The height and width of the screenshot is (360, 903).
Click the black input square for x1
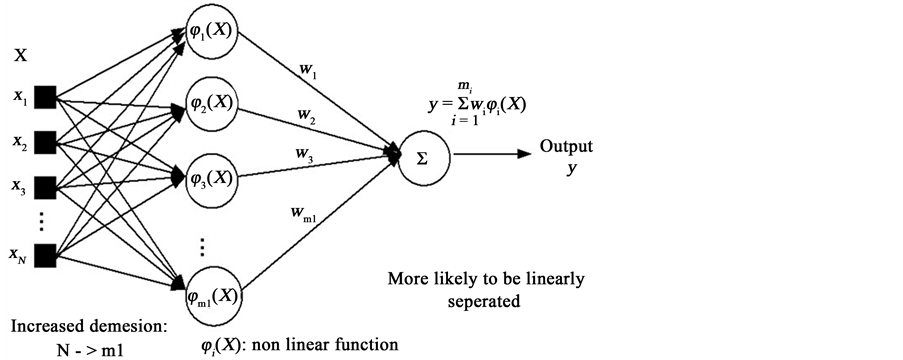click(x=45, y=98)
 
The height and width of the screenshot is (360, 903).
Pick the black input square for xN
click(x=45, y=255)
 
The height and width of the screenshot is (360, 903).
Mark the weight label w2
click(x=306, y=118)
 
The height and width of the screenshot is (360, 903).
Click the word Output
click(x=566, y=147)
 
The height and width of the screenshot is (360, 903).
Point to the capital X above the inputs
click(x=19, y=58)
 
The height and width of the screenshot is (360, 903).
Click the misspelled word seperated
click(x=487, y=299)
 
